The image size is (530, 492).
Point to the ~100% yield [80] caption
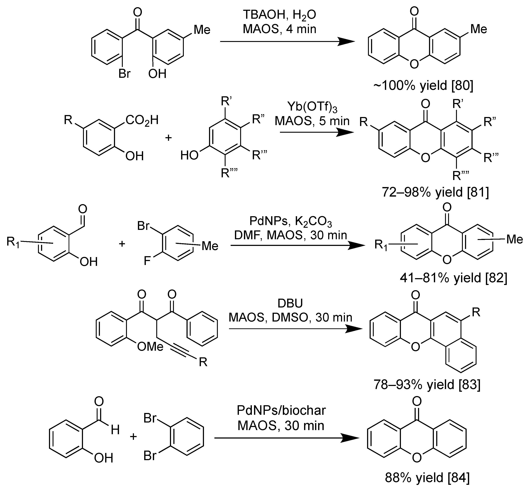(x=423, y=86)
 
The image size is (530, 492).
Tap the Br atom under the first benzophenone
(x=124, y=73)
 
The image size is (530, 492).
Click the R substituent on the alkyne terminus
(x=203, y=362)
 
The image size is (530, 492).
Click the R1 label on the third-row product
(x=381, y=245)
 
